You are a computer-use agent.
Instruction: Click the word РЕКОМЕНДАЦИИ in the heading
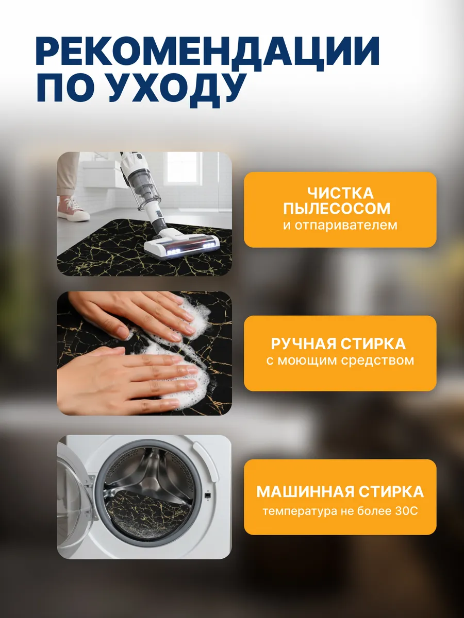pyautogui.click(x=207, y=51)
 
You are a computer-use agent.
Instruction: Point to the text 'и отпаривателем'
pyautogui.click(x=340, y=225)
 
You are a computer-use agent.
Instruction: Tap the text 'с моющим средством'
pyautogui.click(x=340, y=360)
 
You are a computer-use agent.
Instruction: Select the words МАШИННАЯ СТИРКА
pyautogui.click(x=340, y=491)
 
